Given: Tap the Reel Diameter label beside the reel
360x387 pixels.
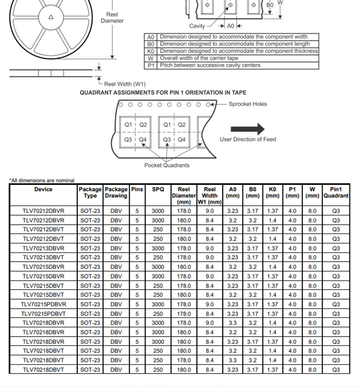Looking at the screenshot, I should click(112, 18).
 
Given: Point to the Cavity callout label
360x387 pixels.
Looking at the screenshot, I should click(197, 26).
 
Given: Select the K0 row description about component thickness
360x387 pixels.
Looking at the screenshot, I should click(239, 51).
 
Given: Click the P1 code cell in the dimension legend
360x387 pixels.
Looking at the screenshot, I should click(151, 65).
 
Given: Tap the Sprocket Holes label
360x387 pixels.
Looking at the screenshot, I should click(248, 104).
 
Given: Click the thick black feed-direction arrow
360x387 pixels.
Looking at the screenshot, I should click(247, 129).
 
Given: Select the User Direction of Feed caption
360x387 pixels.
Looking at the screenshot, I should click(248, 139).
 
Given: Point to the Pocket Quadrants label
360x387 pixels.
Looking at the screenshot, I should click(167, 165).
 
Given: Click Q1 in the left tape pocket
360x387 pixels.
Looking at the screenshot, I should click(128, 125).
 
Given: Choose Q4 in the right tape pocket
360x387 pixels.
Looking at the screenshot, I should click(181, 140).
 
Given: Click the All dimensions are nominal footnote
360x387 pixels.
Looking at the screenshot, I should click(42, 181).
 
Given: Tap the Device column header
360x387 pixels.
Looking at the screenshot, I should click(43, 189).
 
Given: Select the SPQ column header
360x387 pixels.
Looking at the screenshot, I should click(158, 189).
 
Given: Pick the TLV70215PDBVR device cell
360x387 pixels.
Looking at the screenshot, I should click(43, 304).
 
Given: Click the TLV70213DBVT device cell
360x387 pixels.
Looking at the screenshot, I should click(43, 257).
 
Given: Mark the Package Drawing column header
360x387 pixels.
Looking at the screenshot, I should click(116, 193).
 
